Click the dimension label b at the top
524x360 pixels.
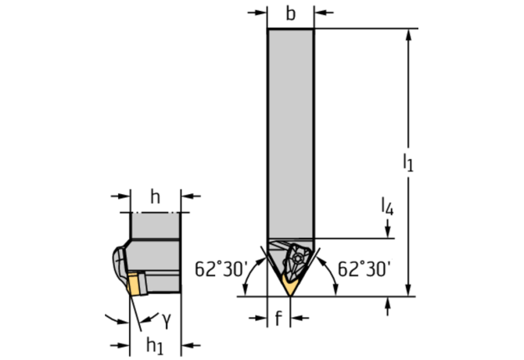(x=291, y=14)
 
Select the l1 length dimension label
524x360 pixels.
(x=407, y=163)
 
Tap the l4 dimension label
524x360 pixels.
(x=387, y=206)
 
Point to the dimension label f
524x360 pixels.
(x=278, y=318)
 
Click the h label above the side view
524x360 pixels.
(x=155, y=196)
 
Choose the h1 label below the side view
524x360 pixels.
(x=155, y=345)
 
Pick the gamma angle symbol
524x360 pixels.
(x=167, y=320)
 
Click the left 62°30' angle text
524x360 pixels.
(x=221, y=268)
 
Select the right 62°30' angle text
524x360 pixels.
(x=364, y=268)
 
